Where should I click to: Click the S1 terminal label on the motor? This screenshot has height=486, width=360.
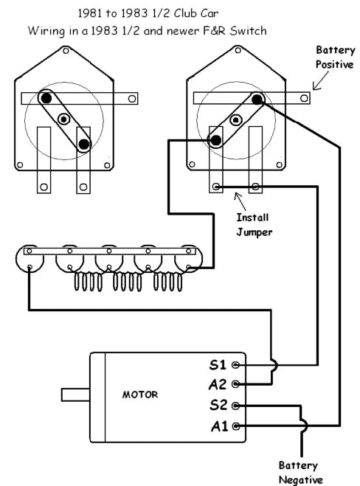coord(218,364)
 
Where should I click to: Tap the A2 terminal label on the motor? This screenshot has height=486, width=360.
coord(218,384)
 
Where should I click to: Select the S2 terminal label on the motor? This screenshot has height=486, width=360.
coord(218,405)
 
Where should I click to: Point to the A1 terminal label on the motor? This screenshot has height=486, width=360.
coord(220,426)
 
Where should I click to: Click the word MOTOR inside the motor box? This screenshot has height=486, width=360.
coord(140,395)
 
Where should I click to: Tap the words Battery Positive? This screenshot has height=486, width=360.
coord(335,58)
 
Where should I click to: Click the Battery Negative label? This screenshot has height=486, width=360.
coord(300,473)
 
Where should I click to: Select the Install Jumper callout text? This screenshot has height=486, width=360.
coord(255,225)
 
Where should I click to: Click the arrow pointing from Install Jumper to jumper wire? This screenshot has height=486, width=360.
coord(240,201)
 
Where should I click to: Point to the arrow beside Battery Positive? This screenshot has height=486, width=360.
coord(321,80)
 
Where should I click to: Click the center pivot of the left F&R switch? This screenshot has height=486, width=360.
coord(64,119)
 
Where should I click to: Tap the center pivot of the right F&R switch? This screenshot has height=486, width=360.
coord(236,119)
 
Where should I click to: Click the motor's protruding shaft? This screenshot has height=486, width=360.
coord(76,395)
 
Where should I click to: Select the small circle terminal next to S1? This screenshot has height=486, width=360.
coord(235,365)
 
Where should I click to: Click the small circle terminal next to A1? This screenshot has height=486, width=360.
coord(236,426)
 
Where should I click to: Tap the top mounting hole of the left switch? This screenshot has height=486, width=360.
coord(66,50)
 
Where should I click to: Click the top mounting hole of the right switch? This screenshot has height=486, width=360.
coord(238,50)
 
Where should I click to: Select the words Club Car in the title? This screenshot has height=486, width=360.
coord(196,13)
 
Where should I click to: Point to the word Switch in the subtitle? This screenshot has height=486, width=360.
coord(248,31)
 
